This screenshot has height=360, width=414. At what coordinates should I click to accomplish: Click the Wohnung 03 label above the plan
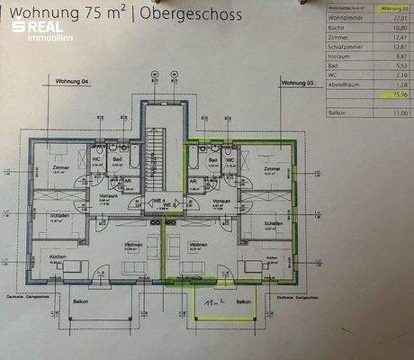click(298, 82)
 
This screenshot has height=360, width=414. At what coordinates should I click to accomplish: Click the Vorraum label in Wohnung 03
click(220, 201)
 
